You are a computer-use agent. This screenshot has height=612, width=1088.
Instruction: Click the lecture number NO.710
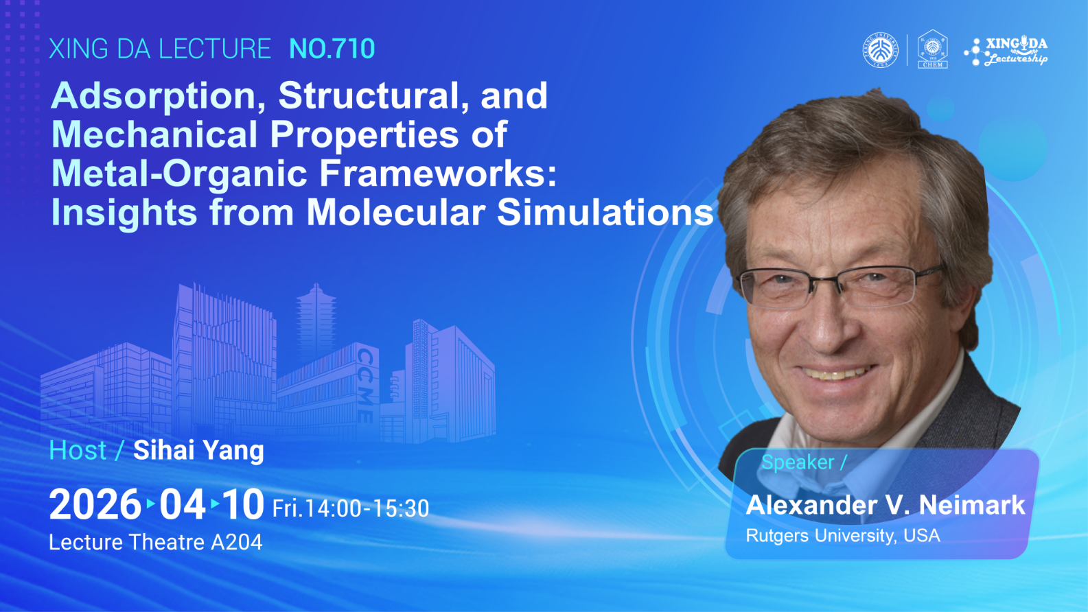click(332, 49)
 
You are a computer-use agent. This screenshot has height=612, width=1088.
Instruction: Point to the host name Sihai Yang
click(198, 450)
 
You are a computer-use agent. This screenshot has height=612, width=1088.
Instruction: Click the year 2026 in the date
click(95, 505)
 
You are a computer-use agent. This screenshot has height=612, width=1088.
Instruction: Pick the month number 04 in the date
click(182, 505)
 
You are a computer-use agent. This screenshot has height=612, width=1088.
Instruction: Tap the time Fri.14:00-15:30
click(351, 508)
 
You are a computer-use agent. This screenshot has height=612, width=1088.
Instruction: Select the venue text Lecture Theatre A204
click(155, 542)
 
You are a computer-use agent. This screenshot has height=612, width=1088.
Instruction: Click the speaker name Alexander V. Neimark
click(886, 505)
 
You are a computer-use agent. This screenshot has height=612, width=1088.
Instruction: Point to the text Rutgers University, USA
click(843, 535)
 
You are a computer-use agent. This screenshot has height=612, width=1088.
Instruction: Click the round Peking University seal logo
click(881, 50)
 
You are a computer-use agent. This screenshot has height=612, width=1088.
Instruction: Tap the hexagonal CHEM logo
click(933, 49)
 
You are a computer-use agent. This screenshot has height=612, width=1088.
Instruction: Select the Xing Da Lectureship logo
click(1006, 51)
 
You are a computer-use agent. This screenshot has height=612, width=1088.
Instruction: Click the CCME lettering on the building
click(365, 385)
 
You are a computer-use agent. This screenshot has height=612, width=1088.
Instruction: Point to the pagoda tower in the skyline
click(316, 320)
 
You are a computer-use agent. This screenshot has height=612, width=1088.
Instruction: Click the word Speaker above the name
click(798, 462)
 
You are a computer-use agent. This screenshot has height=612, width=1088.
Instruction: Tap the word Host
click(78, 450)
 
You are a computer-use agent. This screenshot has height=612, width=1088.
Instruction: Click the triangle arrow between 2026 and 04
click(150, 504)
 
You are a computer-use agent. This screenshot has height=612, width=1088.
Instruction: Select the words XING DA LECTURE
click(160, 49)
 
